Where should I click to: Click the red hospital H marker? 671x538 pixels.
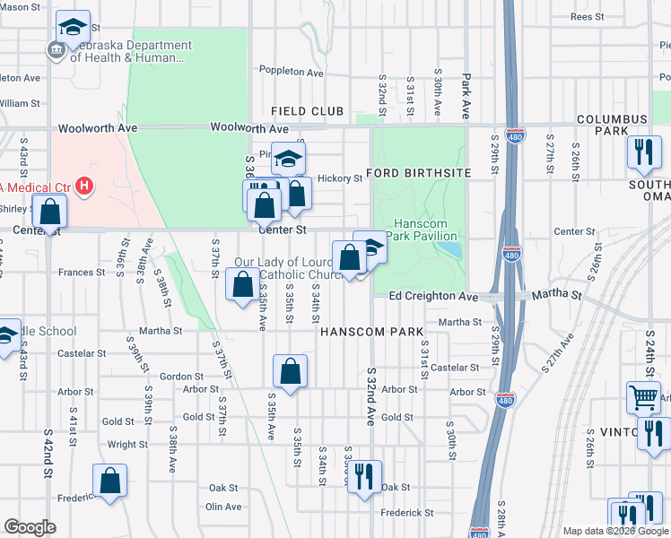[x=84, y=187]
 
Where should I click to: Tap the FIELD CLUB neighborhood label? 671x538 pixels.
[x=308, y=111]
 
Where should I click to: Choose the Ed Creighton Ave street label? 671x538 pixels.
[x=433, y=296]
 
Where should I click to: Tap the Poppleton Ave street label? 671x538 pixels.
[x=291, y=71]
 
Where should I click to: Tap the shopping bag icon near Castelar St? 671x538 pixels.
[x=291, y=370]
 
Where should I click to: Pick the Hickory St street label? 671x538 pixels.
[x=339, y=178]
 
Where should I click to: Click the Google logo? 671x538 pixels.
[x=30, y=527]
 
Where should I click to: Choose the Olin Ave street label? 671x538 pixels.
[x=223, y=507]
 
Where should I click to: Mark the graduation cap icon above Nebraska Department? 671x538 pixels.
[x=74, y=26]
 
